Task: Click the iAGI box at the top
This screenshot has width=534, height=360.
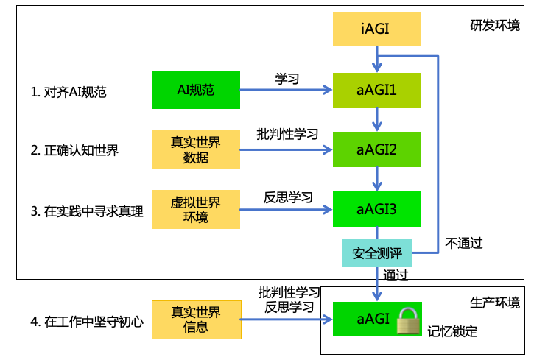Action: pos(377,29)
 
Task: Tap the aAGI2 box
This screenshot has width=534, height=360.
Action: pos(377,149)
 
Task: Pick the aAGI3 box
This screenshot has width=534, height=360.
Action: pos(377,209)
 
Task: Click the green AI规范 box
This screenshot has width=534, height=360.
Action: pos(196,90)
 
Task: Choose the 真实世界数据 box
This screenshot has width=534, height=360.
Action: pos(196,149)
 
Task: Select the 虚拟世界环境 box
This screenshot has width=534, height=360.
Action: pos(196,209)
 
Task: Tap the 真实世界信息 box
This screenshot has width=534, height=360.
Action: pos(196,319)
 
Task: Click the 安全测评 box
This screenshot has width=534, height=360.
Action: pos(377,253)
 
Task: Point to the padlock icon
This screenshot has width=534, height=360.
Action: pos(407,320)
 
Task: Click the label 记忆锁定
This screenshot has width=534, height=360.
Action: pos(452,331)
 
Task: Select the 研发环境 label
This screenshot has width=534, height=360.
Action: pos(495,25)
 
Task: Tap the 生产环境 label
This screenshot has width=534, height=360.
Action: pos(495,302)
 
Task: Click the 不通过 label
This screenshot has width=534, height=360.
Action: pos(464,243)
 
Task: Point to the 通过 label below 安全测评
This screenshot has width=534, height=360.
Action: pos(396,275)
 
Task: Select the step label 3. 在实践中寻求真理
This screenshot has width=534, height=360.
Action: pos(87,211)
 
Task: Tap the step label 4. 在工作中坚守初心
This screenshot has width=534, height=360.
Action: pos(87,321)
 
